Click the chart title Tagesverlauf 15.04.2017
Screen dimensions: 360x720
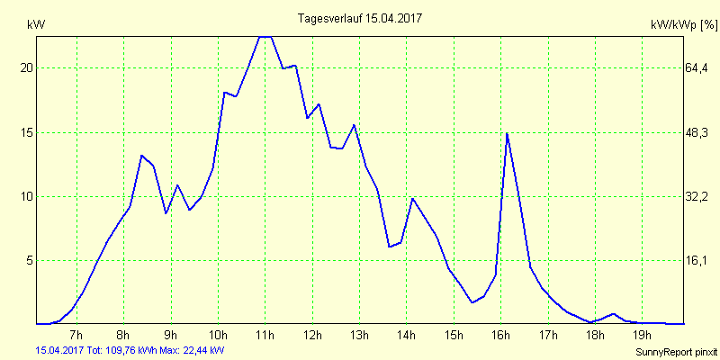click(360, 18)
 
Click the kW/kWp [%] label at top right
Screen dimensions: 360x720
click(683, 25)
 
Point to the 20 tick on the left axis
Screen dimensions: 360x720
click(27, 68)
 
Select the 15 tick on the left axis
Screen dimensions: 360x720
click(27, 132)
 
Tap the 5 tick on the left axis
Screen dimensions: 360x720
click(30, 260)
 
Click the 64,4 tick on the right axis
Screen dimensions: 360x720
click(697, 68)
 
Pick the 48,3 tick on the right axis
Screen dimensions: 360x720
click(697, 132)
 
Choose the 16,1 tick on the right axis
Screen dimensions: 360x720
click(697, 260)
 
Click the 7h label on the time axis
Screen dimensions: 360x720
click(76, 336)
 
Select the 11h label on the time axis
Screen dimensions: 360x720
click(265, 336)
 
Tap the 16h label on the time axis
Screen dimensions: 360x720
click(500, 336)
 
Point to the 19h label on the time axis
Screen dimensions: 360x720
click(642, 336)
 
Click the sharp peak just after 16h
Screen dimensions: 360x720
click(508, 134)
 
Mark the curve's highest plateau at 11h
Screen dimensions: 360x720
click(265, 37)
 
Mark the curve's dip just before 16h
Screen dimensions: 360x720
click(472, 302)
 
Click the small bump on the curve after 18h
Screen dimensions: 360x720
click(613, 314)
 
